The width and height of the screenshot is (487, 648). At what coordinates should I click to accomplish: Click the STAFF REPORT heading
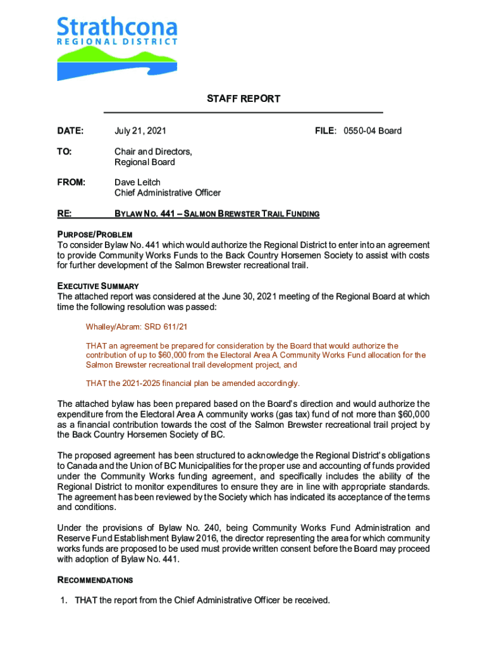[243, 99]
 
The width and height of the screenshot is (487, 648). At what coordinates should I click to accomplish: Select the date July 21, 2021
[140, 131]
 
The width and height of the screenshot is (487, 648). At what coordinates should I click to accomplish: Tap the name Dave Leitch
[137, 182]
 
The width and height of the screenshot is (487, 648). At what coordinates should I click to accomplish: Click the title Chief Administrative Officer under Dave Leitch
[167, 193]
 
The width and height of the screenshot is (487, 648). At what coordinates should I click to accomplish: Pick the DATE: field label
[70, 131]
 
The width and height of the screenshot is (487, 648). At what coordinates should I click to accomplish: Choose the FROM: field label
[71, 182]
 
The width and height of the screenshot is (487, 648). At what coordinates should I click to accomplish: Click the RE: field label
[65, 214]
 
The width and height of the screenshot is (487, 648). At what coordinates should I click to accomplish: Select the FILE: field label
[328, 131]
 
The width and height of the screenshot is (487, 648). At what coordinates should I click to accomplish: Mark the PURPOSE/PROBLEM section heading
[94, 235]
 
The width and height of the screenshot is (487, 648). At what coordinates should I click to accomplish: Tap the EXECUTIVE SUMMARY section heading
[98, 287]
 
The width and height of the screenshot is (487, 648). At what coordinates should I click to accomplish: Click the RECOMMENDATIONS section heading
[95, 580]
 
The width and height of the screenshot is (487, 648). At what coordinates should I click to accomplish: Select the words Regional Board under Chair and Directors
[144, 162]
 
